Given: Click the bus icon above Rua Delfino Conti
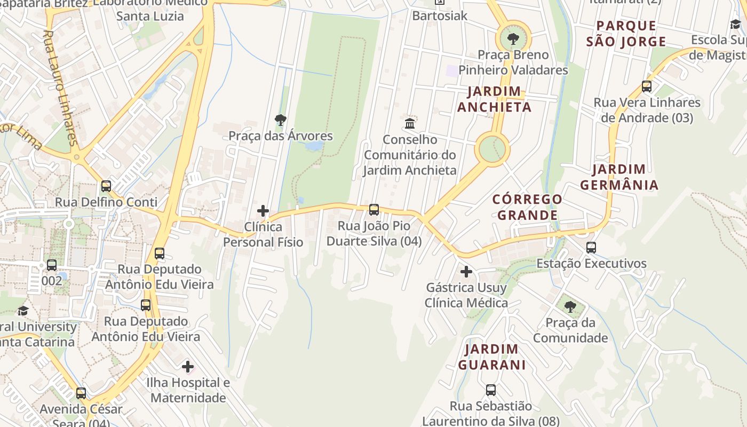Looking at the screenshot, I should click(106, 186).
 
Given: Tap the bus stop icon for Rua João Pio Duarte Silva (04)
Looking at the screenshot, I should click(374, 210).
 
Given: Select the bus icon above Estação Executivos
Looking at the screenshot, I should click(591, 248).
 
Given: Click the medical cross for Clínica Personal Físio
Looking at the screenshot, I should click(263, 211).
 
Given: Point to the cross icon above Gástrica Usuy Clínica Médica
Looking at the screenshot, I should click(466, 272).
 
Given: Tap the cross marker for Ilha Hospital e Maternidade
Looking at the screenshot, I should click(188, 367).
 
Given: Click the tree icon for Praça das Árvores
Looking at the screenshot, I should click(281, 120).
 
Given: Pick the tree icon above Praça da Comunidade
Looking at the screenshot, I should click(570, 307).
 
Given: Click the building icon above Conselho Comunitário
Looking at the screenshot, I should click(410, 124).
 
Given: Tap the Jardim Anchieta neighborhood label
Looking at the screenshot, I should click(494, 99).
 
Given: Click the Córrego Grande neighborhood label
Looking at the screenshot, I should click(527, 207).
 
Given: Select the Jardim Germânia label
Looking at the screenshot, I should click(619, 177).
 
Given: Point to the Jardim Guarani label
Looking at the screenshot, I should click(491, 357).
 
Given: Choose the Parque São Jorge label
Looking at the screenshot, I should click(626, 34).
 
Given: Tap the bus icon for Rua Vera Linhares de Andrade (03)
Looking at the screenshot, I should click(647, 86).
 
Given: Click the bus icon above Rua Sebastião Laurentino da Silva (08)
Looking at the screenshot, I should click(491, 390).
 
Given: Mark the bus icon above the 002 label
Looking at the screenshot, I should click(52, 265).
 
